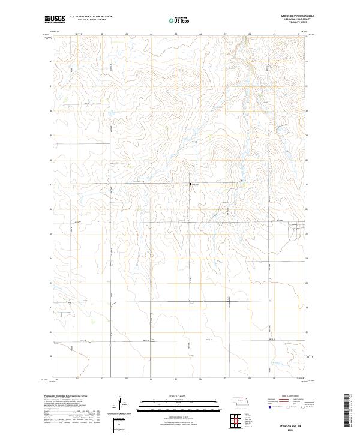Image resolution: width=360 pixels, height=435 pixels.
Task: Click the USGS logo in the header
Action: coord(55,19)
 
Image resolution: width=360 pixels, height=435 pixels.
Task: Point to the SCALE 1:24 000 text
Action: coord(178,397)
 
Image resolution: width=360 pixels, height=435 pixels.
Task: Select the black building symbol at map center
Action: coord(191,184)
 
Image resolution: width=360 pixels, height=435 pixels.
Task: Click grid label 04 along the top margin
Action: coord(151,34)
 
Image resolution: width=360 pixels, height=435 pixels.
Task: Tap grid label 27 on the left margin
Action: coord(50,184)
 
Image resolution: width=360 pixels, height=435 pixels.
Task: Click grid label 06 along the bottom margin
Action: coord(200,379)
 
